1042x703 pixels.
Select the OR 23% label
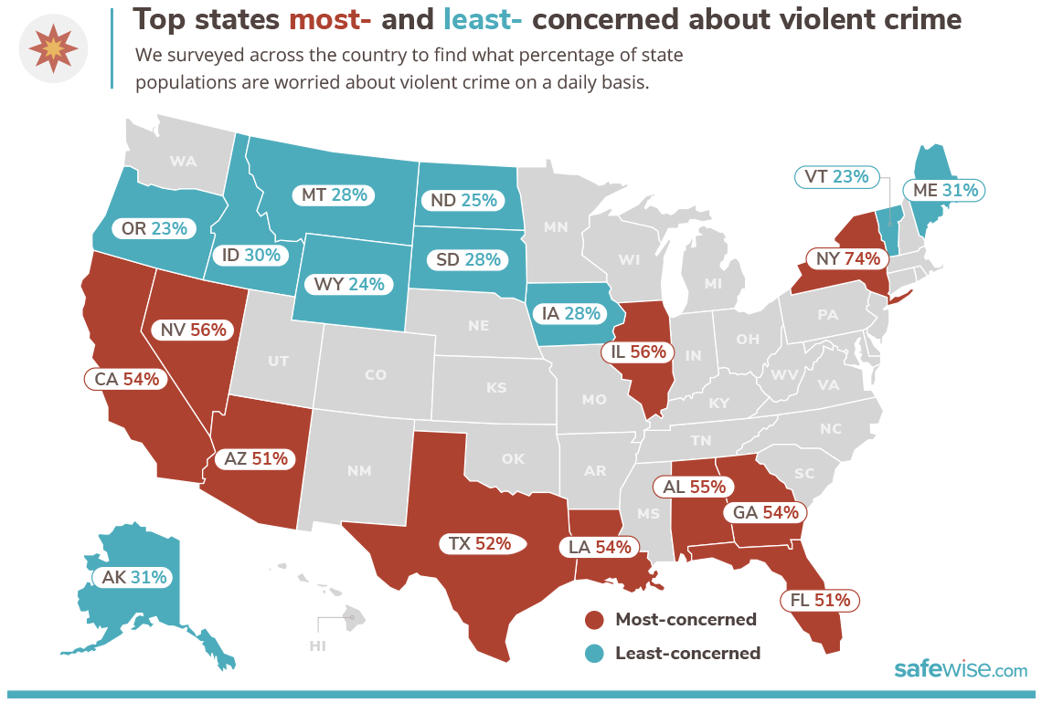click(x=154, y=228)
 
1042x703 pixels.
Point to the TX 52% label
click(x=479, y=543)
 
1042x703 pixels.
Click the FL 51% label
click(x=819, y=600)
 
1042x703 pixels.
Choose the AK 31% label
click(x=134, y=577)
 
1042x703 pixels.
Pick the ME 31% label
click(x=946, y=190)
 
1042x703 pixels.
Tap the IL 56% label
click(x=638, y=351)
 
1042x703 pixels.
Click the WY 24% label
click(x=348, y=284)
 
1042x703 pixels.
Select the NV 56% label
click(x=194, y=331)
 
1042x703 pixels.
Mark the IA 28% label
click(x=570, y=313)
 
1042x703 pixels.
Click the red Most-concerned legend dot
click(x=595, y=621)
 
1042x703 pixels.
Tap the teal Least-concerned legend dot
click(x=595, y=654)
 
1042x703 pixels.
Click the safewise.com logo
click(x=960, y=670)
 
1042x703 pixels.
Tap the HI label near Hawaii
click(x=318, y=645)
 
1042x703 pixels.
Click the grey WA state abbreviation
click(x=183, y=162)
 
